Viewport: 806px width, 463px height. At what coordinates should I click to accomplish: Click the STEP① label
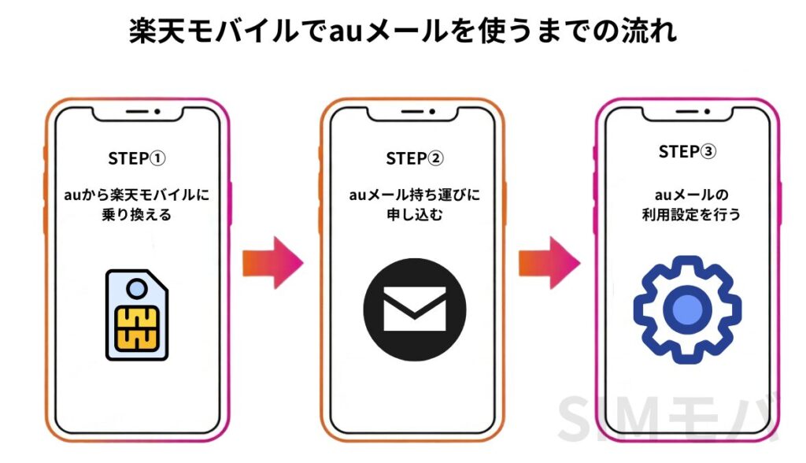click(137, 158)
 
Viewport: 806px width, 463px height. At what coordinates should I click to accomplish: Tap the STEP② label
click(415, 158)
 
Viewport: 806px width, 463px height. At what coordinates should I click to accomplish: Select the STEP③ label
click(687, 152)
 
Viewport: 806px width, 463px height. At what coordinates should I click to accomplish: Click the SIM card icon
click(137, 314)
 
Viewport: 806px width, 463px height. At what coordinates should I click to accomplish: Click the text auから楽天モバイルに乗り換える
click(137, 204)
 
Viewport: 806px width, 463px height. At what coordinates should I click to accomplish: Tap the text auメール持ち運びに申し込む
click(415, 204)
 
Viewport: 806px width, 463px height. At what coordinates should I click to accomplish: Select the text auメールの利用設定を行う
click(687, 204)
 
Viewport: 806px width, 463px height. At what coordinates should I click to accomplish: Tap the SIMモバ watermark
click(669, 417)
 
